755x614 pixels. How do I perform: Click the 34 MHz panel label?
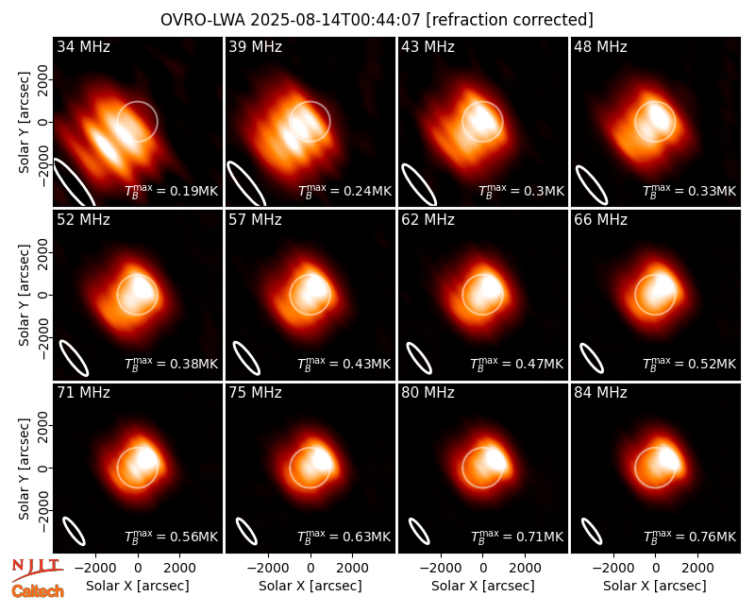[x=83, y=46]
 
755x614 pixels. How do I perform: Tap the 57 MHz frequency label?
[x=255, y=220]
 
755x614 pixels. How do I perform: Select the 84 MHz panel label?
[x=600, y=393]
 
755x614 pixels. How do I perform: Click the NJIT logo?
[x=37, y=570]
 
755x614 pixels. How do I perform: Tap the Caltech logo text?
[x=38, y=591]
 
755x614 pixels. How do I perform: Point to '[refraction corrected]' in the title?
[x=510, y=20]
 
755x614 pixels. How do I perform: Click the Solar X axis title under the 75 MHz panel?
[x=310, y=586]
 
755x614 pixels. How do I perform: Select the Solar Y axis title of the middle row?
[x=24, y=295]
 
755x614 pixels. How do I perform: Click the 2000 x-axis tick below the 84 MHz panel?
[x=697, y=569]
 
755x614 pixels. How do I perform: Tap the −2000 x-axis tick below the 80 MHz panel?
[x=440, y=569]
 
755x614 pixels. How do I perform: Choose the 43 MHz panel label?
[x=428, y=46]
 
